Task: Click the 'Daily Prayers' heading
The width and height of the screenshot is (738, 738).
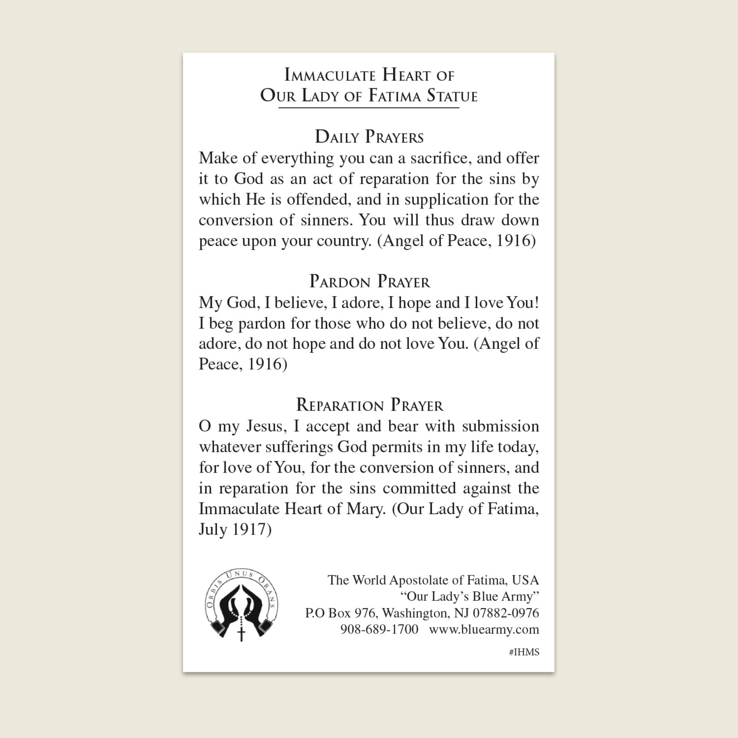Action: point(369,137)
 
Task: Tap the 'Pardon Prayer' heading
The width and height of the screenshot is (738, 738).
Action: point(369,282)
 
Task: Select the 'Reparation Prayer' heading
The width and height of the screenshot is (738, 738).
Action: point(369,405)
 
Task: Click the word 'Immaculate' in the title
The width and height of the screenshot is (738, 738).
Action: point(330,75)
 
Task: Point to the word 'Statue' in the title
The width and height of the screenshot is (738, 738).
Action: point(452,96)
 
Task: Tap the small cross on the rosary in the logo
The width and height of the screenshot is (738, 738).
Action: point(242,633)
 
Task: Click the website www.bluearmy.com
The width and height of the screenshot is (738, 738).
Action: point(484,629)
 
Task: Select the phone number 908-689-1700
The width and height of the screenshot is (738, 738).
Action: point(379,629)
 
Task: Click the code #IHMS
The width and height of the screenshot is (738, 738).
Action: point(524,652)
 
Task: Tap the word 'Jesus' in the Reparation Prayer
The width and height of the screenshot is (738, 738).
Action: point(267,426)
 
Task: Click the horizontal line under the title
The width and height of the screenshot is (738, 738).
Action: point(369,108)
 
